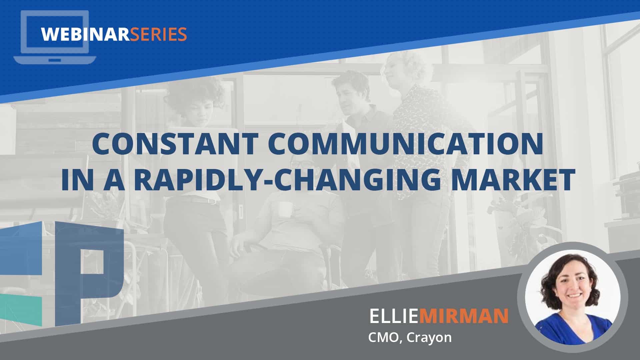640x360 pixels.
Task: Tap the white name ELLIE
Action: point(394,316)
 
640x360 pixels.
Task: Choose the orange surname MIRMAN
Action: point(463,316)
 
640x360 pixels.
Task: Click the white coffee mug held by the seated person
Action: point(285,209)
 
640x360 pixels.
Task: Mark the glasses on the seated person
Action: point(300,164)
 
